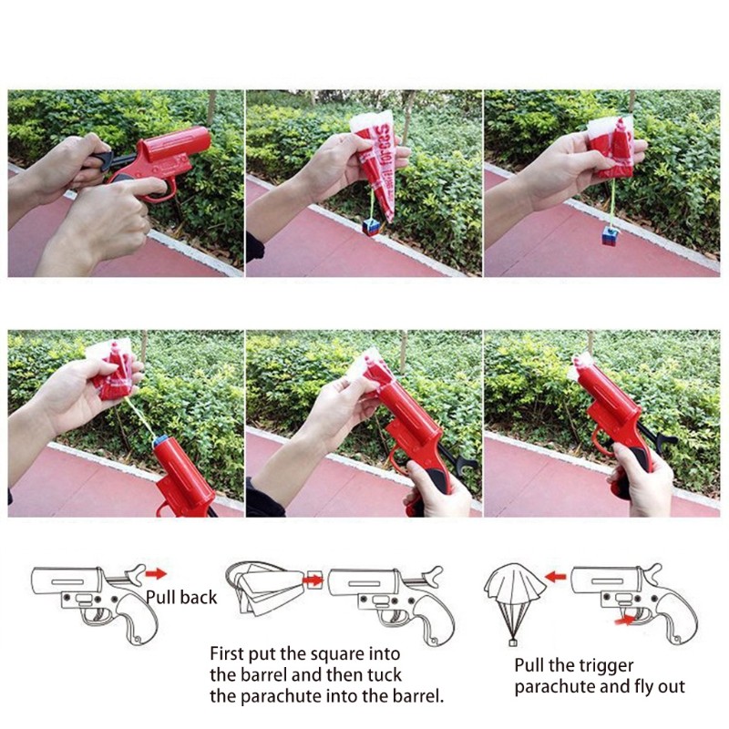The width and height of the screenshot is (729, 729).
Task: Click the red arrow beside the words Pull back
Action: click(x=156, y=574)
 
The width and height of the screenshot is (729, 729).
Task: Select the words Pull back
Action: click(x=181, y=598)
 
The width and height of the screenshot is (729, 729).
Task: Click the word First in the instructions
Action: click(x=228, y=653)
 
